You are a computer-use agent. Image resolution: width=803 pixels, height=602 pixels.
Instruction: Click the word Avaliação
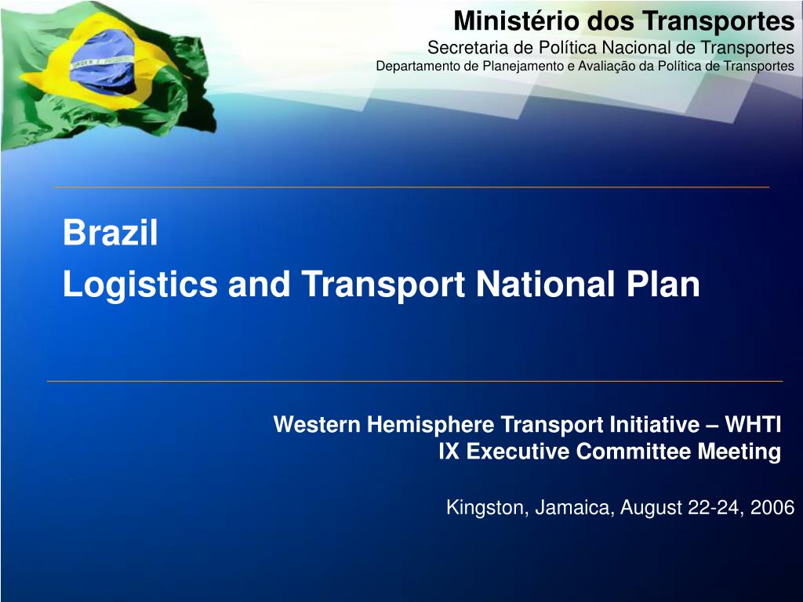[x=605, y=66]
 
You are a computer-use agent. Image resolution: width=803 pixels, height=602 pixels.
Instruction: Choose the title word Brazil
[x=111, y=234]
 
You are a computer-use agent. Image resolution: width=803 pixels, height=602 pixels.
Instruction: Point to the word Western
[x=316, y=425]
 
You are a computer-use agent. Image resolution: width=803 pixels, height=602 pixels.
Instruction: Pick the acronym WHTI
[x=753, y=425]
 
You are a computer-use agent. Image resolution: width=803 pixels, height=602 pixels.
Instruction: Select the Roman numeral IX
[x=448, y=451]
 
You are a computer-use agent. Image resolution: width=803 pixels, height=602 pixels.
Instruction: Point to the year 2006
[x=772, y=508]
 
